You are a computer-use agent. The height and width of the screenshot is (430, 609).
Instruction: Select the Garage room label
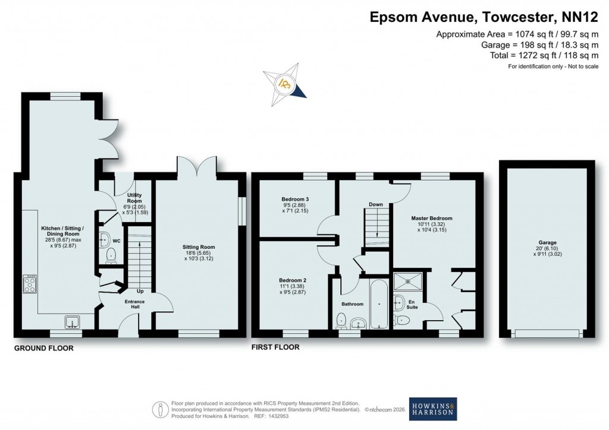point(547,243)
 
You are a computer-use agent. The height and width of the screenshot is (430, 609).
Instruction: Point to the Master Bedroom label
point(432,219)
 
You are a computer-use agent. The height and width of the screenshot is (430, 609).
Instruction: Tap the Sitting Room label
point(199,247)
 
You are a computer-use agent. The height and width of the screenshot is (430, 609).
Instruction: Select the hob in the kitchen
point(30,284)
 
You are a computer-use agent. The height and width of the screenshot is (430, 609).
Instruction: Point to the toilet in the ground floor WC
point(111,256)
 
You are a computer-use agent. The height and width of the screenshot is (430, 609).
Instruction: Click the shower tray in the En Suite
point(409,280)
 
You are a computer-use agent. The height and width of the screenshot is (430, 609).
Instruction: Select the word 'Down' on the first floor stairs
point(375,204)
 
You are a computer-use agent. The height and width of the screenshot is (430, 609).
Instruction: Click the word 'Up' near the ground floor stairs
point(140,292)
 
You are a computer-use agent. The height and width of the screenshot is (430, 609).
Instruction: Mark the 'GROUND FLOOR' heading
point(44,348)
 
